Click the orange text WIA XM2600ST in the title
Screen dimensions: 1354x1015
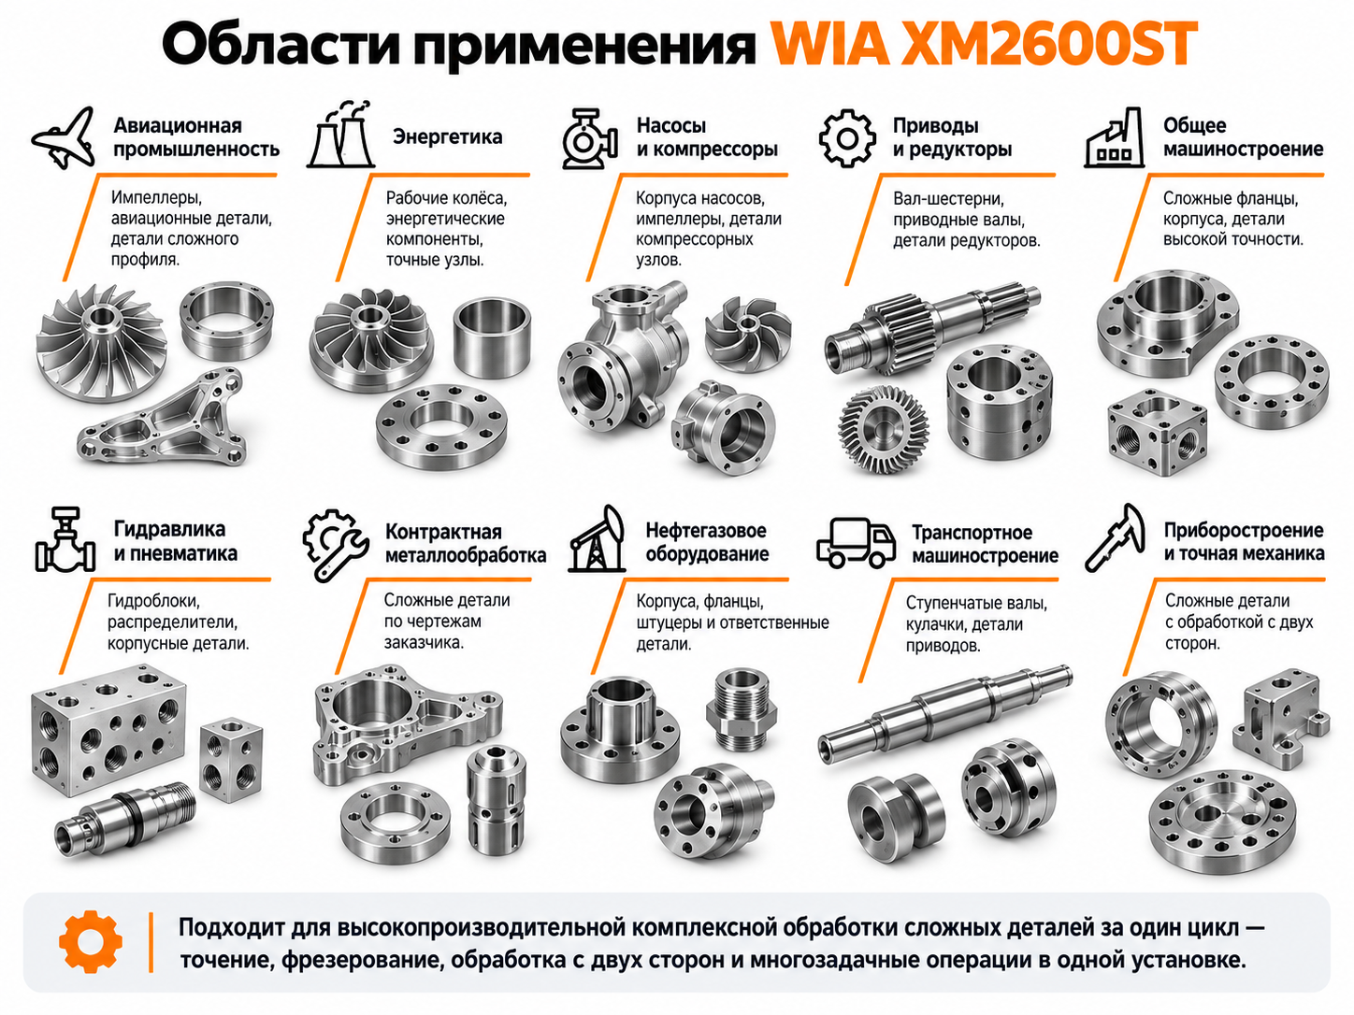pyautogui.click(x=986, y=44)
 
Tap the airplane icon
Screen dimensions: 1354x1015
pyautogui.click(x=65, y=138)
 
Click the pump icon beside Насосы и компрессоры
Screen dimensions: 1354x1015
pyautogui.click(x=589, y=138)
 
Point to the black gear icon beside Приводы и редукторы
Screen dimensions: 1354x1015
pyautogui.click(x=847, y=138)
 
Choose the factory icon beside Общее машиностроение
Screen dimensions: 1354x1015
pyautogui.click(x=1114, y=137)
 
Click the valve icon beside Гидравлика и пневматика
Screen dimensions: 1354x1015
pyautogui.click(x=65, y=539)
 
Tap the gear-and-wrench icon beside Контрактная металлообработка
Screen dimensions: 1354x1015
pyautogui.click(x=335, y=545)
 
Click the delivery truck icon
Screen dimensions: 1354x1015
pyautogui.click(x=857, y=542)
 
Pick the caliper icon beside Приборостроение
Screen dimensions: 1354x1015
pyautogui.click(x=1115, y=538)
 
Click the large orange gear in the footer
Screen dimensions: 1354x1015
pyautogui.click(x=91, y=942)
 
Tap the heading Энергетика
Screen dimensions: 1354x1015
pyautogui.click(x=447, y=136)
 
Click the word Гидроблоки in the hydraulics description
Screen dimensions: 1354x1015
pyautogui.click(x=153, y=601)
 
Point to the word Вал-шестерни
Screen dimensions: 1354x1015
pyautogui.click(x=948, y=199)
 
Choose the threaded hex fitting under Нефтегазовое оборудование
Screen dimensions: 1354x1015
pyautogui.click(x=741, y=708)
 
